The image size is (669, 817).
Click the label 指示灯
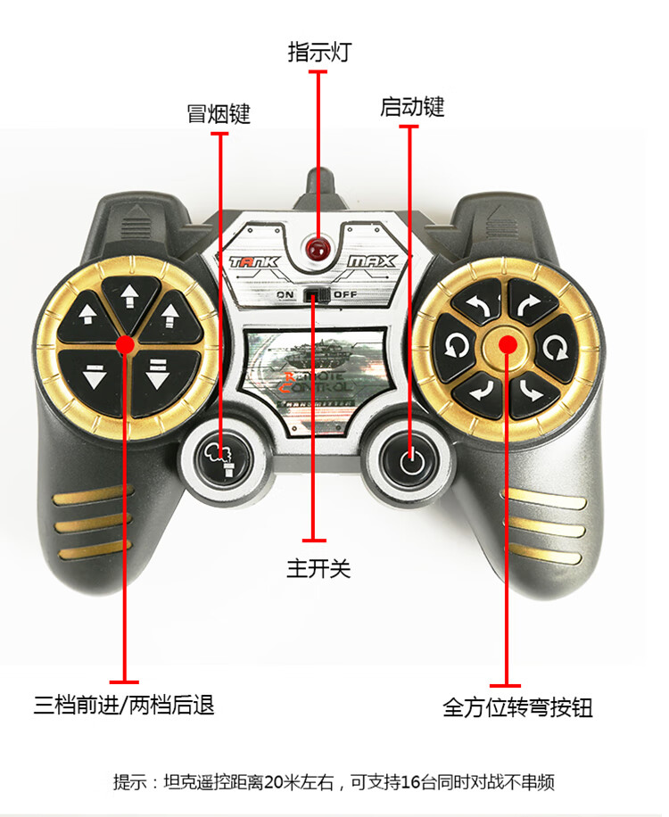[318, 52]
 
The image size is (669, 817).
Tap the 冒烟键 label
[219, 114]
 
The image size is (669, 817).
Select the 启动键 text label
[411, 107]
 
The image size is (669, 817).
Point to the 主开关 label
[318, 568]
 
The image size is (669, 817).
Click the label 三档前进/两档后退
[124, 705]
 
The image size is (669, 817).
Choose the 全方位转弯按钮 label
[517, 708]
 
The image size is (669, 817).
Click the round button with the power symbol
[409, 461]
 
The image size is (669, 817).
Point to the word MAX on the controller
[372, 262]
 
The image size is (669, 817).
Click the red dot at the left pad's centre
[125, 343]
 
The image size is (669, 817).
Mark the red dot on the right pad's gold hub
[506, 343]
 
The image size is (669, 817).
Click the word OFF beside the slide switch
[345, 294]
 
